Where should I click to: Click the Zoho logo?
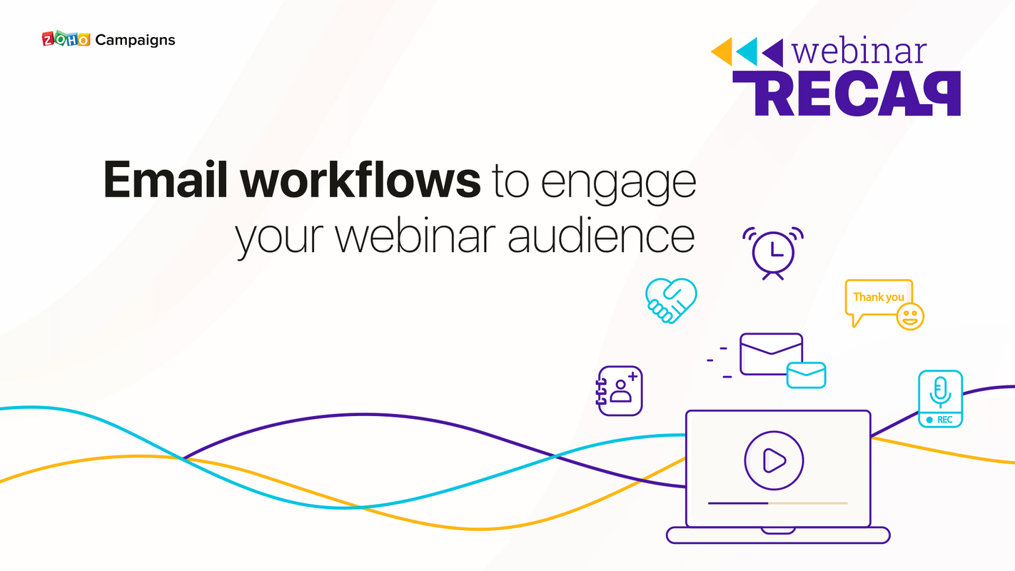pyautogui.click(x=67, y=40)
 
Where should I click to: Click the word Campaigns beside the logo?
pyautogui.click(x=135, y=40)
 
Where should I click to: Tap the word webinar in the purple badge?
pyautogui.click(x=859, y=51)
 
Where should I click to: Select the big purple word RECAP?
pyautogui.click(x=847, y=94)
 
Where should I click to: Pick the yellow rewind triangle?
pyautogui.click(x=722, y=51)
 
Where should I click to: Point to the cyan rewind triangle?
pyautogui.click(x=747, y=51)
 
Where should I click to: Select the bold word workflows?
pyautogui.click(x=360, y=179)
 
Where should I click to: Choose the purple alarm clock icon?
pyautogui.click(x=772, y=251)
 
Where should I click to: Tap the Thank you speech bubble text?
pyautogui.click(x=878, y=297)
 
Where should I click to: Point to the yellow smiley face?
pyautogui.click(x=909, y=315)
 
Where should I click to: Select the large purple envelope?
pyautogui.click(x=771, y=353)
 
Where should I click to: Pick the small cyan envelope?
pyautogui.click(x=806, y=375)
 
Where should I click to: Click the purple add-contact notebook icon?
pyautogui.click(x=620, y=390)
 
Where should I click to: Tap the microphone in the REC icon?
pyautogui.click(x=940, y=391)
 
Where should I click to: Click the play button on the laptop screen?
pyautogui.click(x=774, y=460)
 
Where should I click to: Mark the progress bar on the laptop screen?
pyautogui.click(x=777, y=503)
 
